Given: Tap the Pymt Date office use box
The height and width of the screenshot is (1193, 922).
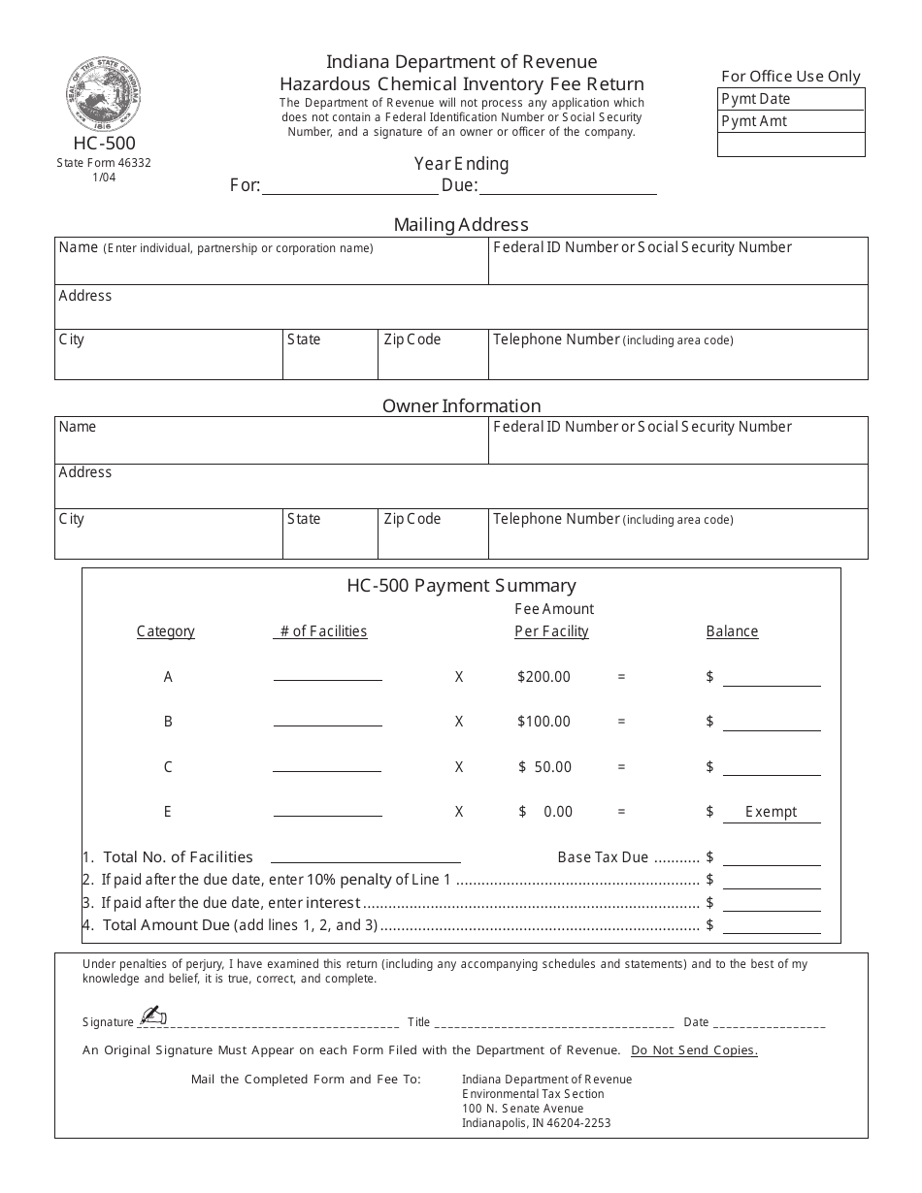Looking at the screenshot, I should click(x=791, y=99).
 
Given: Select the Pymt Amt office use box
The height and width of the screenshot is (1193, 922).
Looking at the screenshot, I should click(x=791, y=121).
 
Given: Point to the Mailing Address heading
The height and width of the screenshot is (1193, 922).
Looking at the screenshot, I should click(x=461, y=225).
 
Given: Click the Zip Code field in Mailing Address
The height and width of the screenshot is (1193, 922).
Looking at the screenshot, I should click(x=432, y=355).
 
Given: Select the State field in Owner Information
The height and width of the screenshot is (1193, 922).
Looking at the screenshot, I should click(x=330, y=534).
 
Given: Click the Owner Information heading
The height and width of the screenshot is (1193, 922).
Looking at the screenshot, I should click(x=461, y=405).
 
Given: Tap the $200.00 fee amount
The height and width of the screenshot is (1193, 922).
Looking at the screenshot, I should click(x=543, y=677).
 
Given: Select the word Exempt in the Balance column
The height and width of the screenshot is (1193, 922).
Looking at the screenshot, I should click(x=771, y=812).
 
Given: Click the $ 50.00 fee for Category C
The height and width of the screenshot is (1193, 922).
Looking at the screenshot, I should click(x=544, y=767).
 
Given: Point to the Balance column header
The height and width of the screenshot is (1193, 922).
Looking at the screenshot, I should click(x=732, y=631).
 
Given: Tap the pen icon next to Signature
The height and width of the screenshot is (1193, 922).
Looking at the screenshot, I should click(x=152, y=1016).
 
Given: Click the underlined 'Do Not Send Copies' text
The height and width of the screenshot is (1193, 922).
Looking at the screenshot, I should click(x=694, y=1050).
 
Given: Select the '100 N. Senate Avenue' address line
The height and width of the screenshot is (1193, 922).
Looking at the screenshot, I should click(x=523, y=1109).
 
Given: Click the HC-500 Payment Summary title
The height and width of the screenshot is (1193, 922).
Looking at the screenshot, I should click(x=461, y=586).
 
